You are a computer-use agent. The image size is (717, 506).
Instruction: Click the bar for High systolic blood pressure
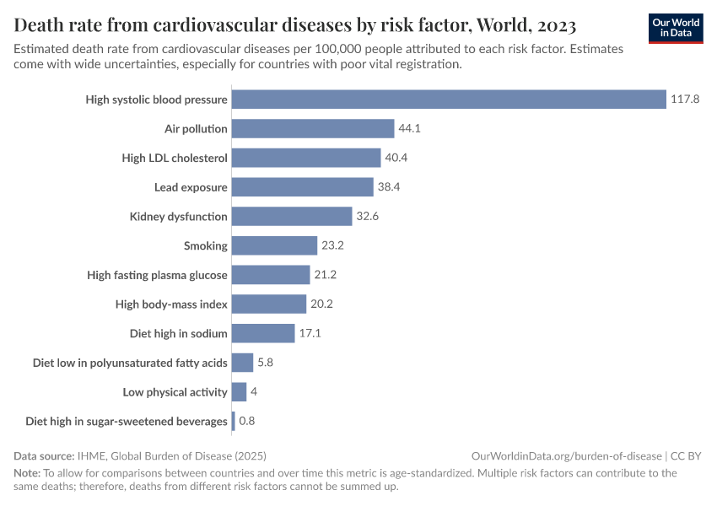pyautogui.click(x=449, y=100)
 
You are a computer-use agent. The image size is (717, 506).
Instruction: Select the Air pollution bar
pyautogui.click(x=313, y=129)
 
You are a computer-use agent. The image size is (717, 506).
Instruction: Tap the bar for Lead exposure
pyautogui.click(x=302, y=187)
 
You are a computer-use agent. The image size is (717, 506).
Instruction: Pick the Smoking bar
pyautogui.click(x=274, y=245)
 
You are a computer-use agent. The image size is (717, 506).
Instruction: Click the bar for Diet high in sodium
pyautogui.click(x=263, y=333)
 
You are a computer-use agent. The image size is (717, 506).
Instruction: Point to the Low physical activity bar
pyautogui.click(x=239, y=392)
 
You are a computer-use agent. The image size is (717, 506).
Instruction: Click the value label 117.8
pyautogui.click(x=686, y=100)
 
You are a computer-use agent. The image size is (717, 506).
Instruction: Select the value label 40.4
pyautogui.click(x=396, y=158)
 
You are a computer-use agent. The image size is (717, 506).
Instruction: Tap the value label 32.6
pyautogui.click(x=368, y=217)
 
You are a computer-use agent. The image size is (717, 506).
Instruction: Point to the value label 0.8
pyautogui.click(x=247, y=421)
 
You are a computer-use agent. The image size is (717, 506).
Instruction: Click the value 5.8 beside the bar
pyautogui.click(x=265, y=363)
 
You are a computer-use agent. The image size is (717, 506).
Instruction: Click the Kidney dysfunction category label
pyautogui.click(x=178, y=217)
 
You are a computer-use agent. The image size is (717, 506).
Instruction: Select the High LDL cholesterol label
pyautogui.click(x=175, y=158)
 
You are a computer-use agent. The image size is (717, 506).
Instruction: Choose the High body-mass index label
pyautogui.click(x=171, y=304)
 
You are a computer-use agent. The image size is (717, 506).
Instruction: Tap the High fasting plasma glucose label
pyautogui.click(x=157, y=275)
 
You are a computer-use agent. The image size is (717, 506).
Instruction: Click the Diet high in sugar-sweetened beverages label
pyautogui.click(x=127, y=421)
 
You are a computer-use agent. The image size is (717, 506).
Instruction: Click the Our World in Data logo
pyautogui.click(x=676, y=28)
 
